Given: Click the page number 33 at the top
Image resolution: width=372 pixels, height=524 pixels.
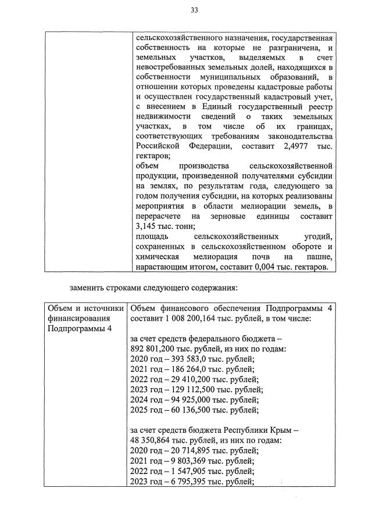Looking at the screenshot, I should coord(194,10).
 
